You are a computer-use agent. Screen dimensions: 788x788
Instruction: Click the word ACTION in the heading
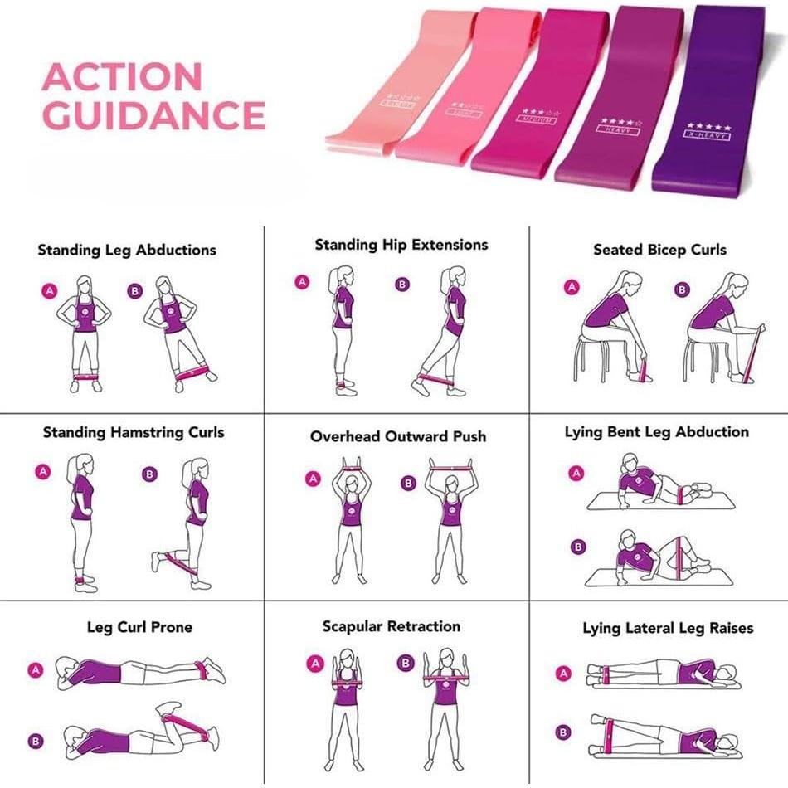click(122, 77)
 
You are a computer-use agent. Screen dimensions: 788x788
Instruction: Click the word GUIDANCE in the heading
click(153, 114)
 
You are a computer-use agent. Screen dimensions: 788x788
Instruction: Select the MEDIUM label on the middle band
click(537, 119)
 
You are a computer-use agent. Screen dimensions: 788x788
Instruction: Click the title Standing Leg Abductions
click(126, 250)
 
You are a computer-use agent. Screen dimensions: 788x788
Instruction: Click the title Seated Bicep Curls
click(659, 249)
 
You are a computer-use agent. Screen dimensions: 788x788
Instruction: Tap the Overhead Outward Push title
click(398, 436)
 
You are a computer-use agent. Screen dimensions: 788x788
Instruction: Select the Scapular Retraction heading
click(391, 626)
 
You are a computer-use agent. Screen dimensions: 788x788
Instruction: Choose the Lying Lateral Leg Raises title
click(668, 628)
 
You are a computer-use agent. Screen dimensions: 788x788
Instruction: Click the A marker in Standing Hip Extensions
click(302, 282)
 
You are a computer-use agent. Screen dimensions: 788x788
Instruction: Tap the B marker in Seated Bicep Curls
click(682, 289)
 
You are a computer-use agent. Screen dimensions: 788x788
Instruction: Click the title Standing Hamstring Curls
click(134, 432)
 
